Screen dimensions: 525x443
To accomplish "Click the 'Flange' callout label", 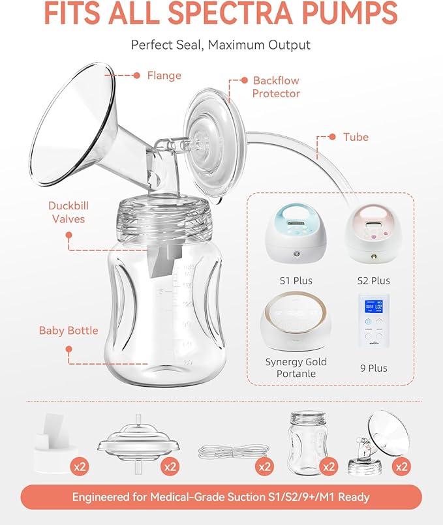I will point(164,76).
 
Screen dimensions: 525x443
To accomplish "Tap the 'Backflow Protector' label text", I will point(276,87).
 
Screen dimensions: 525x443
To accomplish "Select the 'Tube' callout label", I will point(356,137).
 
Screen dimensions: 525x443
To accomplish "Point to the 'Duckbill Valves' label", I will point(68,212).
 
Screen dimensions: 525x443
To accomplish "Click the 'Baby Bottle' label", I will point(68,331).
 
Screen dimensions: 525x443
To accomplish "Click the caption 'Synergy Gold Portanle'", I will point(296,368).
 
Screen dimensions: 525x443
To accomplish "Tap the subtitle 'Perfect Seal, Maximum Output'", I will point(221,45).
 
